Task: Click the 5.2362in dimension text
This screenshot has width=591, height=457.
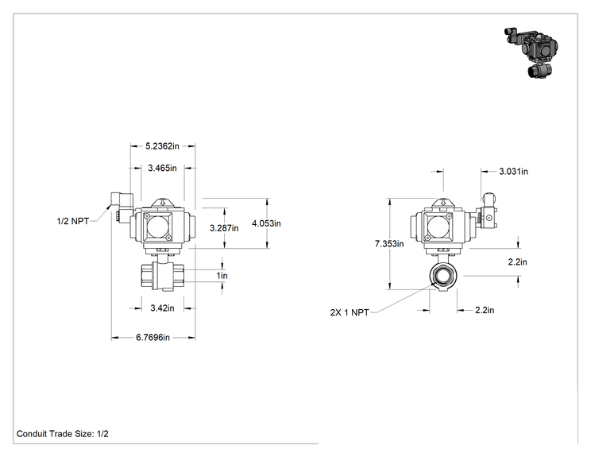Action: tap(163, 146)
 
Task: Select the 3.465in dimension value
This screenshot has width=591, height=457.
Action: tap(163, 168)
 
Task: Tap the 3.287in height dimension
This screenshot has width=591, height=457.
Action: tap(224, 228)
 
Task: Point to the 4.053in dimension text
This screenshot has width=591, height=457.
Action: tap(266, 223)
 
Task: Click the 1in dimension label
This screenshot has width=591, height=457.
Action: tap(222, 276)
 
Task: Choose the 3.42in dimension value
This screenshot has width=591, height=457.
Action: tap(163, 308)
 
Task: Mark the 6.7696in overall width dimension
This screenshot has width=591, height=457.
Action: tap(153, 337)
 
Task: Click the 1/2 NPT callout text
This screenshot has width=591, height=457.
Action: tap(73, 221)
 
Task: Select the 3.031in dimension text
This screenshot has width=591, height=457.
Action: tap(514, 172)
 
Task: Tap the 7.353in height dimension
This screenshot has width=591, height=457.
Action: tap(389, 243)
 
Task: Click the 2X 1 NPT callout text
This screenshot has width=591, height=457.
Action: tap(350, 312)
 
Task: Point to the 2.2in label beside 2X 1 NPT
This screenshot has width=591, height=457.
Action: tap(485, 310)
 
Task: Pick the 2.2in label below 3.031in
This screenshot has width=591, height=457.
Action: tap(517, 261)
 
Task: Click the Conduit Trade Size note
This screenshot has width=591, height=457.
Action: tap(63, 434)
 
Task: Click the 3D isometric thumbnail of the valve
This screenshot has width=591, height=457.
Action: tap(531, 52)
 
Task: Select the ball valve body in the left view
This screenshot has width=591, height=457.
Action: tap(163, 277)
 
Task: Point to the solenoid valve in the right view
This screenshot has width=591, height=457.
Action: tap(487, 214)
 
